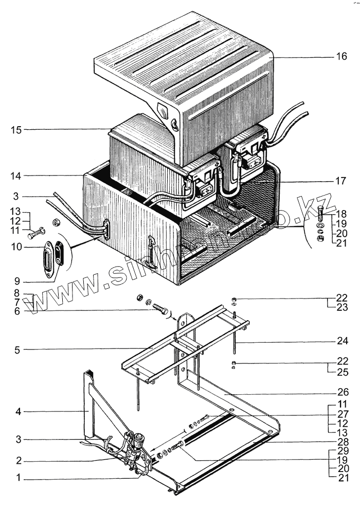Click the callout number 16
tap(342, 57)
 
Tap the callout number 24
tap(342, 341)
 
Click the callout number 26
tap(342, 391)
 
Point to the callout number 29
tap(342, 450)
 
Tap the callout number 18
tap(342, 213)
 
